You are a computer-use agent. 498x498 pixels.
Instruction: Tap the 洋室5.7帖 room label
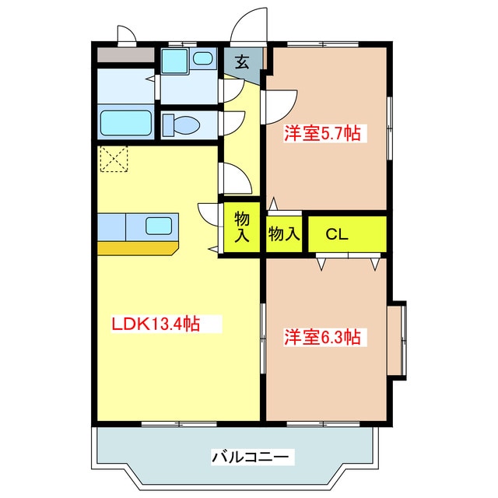point(321,134)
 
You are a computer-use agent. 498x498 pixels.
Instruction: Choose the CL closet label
point(336,233)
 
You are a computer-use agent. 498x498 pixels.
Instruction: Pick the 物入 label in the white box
point(284,233)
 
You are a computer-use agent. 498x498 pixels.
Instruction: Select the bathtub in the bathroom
point(127,123)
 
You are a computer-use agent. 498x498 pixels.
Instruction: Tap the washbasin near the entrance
point(203,58)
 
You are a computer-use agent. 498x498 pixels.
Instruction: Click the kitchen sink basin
point(159,226)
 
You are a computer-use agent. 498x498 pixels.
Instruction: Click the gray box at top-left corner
point(124,55)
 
